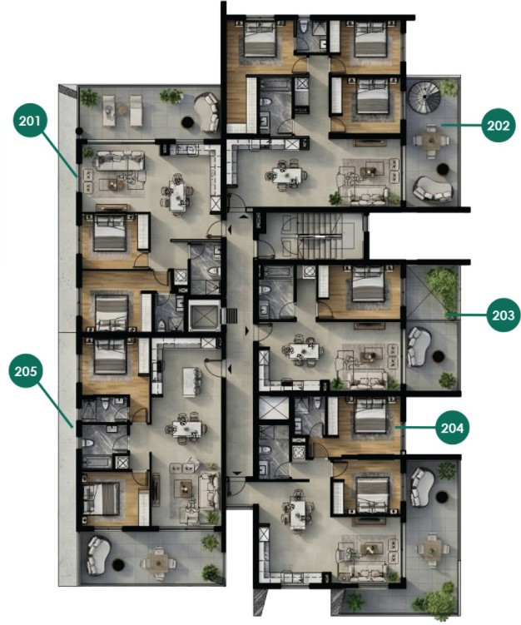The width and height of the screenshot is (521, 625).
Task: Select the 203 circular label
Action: coord(504,316)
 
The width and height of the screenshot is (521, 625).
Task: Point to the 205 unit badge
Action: coord(27,371)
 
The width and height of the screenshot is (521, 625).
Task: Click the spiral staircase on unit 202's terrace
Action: coord(428,98)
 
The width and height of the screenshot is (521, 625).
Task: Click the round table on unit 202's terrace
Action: coord(430,140)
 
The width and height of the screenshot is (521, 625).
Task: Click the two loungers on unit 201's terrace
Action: coord(122,106)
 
